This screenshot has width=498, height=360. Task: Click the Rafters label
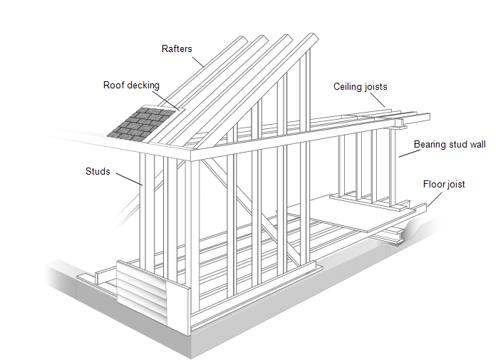tap(177, 49)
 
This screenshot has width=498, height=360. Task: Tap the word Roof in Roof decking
tap(114, 86)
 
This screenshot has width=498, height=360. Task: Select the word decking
tap(144, 86)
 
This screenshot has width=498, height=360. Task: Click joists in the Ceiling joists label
tap(375, 87)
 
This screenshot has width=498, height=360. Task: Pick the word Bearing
tap(430, 145)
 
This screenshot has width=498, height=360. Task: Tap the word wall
tap(479, 145)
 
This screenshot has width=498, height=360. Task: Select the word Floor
tap(435, 185)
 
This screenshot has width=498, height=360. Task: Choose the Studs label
tap(98, 172)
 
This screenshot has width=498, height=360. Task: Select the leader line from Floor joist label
tap(439, 194)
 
